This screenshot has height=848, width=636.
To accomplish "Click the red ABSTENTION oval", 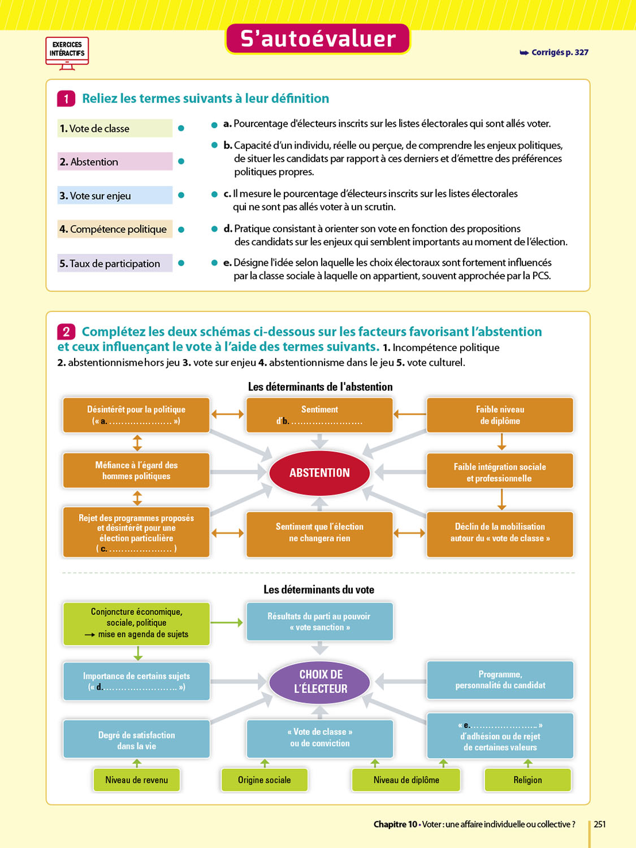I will [319, 473].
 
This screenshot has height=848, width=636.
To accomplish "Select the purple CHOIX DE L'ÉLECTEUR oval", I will [320, 681].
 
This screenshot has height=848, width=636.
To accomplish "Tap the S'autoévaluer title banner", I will [318, 38].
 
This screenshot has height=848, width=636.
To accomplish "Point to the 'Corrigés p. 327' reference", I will [555, 53].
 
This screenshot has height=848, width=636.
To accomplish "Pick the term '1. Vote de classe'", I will [114, 128].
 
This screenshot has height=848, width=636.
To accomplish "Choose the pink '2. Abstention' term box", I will [114, 162].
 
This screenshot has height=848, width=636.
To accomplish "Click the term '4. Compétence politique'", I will [114, 229].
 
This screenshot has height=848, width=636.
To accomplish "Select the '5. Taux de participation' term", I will [114, 263].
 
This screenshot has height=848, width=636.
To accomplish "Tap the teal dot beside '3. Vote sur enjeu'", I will [181, 195].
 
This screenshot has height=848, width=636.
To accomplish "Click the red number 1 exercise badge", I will [66, 99].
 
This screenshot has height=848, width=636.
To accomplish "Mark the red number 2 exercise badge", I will [66, 332].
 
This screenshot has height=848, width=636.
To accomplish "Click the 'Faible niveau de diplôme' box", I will [500, 415].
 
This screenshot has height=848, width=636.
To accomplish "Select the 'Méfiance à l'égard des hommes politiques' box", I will [136, 470].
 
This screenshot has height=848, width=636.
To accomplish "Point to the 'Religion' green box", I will [527, 780].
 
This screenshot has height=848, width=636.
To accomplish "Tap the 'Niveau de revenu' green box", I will [136, 780].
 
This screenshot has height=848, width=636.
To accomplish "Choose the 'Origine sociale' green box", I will [264, 780].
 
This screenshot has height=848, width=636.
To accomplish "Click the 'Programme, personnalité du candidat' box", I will [500, 680].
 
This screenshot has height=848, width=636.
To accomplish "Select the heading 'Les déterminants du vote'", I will [319, 590].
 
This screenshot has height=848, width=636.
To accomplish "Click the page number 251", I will [600, 824].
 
